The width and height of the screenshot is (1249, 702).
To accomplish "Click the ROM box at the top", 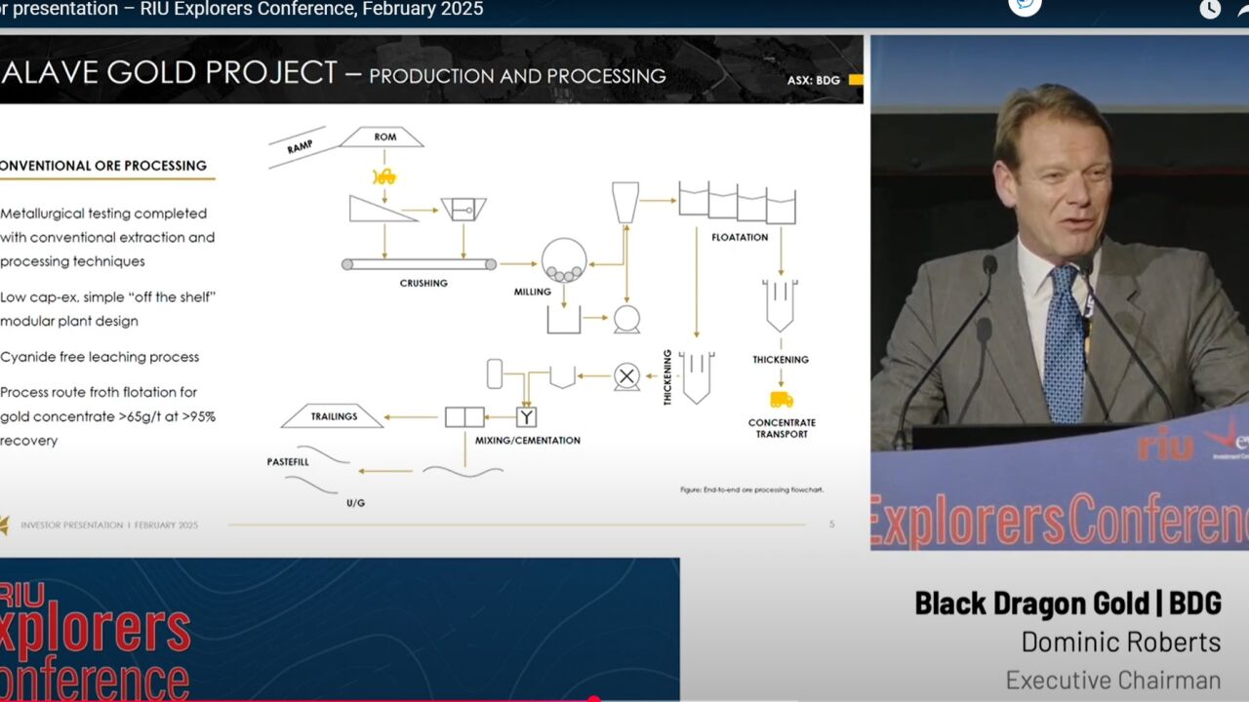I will click(383, 137).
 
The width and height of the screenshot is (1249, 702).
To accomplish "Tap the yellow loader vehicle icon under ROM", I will click(384, 176).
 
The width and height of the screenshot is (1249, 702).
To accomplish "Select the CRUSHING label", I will click(423, 284).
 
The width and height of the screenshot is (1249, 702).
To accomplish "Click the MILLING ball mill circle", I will click(564, 261).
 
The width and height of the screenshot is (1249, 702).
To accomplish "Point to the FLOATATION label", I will click(740, 237).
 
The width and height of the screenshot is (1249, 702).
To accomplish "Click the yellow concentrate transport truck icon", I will click(781, 399).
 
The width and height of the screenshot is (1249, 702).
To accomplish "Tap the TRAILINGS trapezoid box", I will click(333, 416).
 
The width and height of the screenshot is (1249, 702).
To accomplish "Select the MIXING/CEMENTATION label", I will click(527, 441).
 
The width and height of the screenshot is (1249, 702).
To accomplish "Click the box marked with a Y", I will click(526, 417).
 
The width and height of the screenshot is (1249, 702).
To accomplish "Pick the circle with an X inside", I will click(626, 376).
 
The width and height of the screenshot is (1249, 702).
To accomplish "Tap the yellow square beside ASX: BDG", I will click(855, 80).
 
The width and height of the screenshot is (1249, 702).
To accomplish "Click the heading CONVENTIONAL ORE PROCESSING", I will click(103, 166).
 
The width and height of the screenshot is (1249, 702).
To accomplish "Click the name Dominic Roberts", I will click(1120, 643).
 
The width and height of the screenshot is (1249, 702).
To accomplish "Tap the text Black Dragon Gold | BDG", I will click(1068, 604).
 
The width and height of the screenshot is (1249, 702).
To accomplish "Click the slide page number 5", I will click(831, 525).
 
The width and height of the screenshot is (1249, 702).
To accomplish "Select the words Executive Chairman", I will click(1112, 680).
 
